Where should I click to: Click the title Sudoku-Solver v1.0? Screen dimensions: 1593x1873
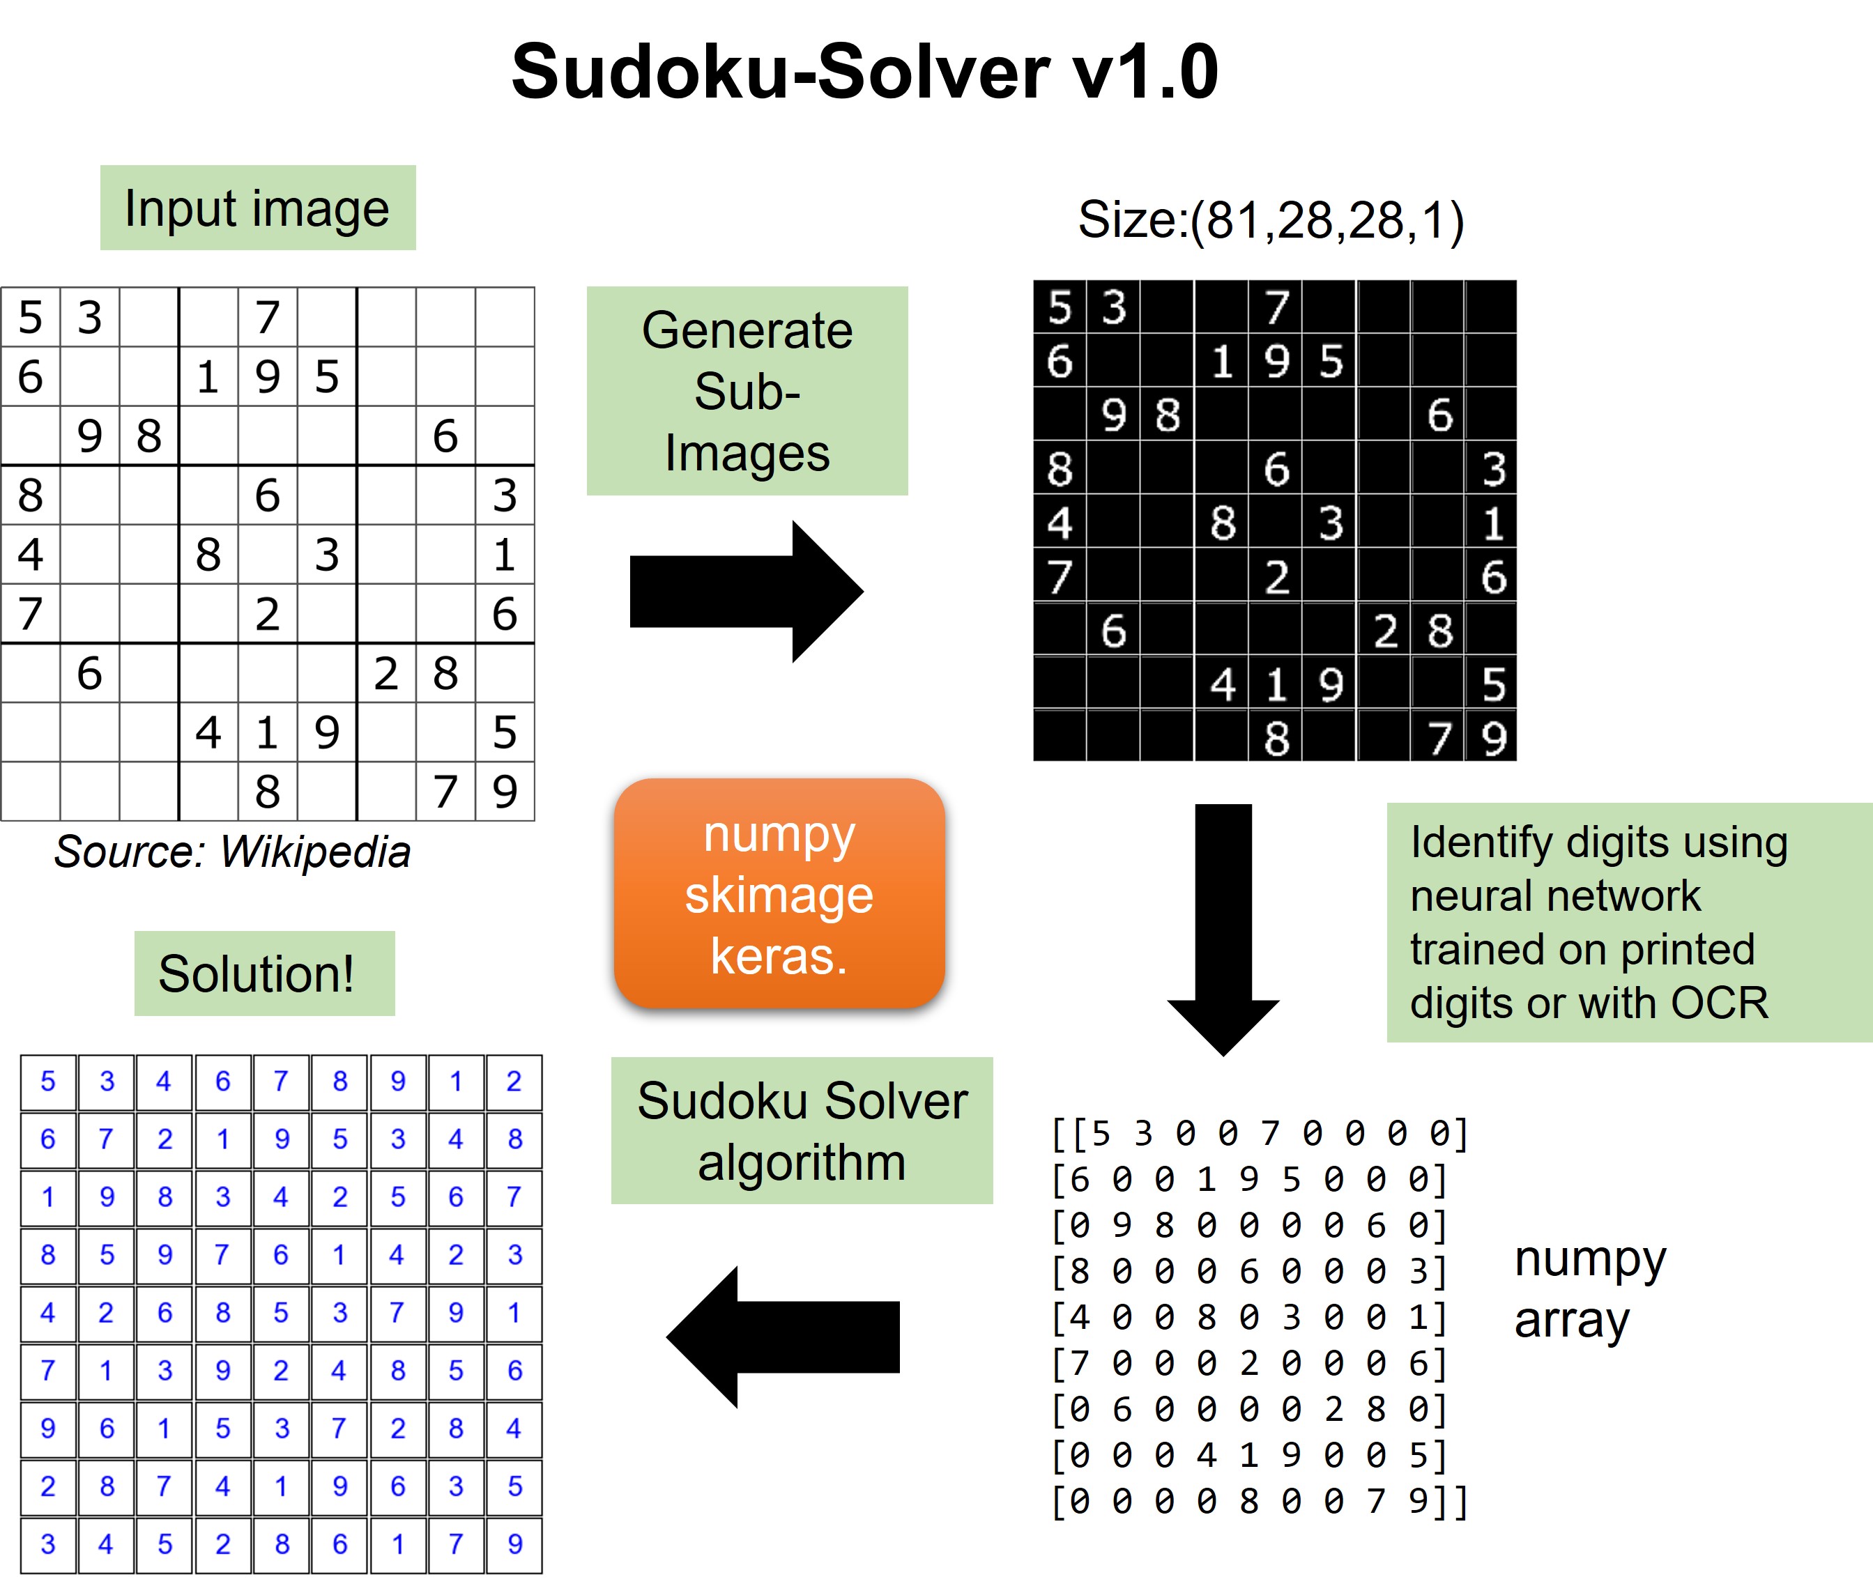coord(864,72)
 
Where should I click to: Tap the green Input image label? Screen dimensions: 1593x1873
coord(257,208)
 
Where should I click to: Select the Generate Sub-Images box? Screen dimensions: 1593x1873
coord(747,391)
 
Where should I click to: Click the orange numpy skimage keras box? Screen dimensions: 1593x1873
coord(779,894)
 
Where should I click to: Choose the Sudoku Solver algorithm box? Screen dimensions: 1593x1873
coord(801,1130)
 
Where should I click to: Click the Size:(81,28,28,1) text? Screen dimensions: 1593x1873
coord(1271,220)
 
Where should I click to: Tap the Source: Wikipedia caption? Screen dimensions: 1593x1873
coord(232,852)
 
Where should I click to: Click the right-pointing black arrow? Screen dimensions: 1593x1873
coord(745,592)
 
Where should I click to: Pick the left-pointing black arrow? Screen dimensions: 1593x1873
coord(782,1337)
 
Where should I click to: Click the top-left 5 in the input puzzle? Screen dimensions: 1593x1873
coord(31,318)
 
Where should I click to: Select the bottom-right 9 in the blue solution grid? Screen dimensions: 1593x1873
coord(514,1544)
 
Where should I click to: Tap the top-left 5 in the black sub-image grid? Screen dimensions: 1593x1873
coord(1060,308)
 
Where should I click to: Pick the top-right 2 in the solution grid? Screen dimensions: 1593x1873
coord(514,1081)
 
